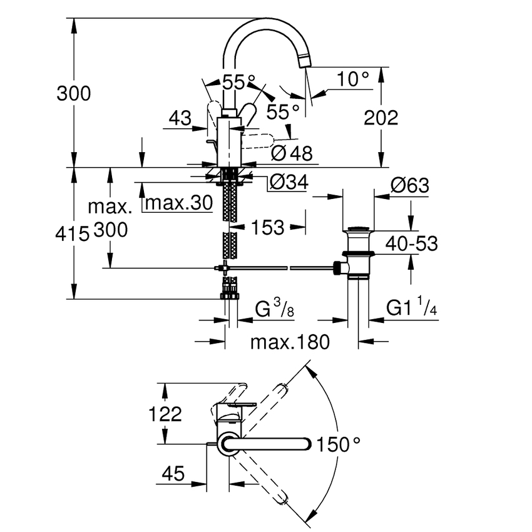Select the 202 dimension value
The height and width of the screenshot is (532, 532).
click(x=381, y=117)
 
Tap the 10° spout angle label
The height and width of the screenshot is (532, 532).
click(x=352, y=79)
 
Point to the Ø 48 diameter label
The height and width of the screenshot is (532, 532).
click(x=292, y=152)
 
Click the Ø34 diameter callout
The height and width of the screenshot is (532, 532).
click(x=289, y=183)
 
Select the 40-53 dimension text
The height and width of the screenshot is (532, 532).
click(x=411, y=243)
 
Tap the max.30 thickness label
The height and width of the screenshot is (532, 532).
click(x=178, y=204)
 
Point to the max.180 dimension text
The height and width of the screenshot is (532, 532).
click(x=289, y=342)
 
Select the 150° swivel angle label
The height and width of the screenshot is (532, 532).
click(x=339, y=445)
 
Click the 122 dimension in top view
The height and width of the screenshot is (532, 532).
click(x=164, y=414)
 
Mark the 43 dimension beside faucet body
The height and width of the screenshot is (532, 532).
click(x=181, y=117)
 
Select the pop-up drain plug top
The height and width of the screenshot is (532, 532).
click(x=359, y=228)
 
